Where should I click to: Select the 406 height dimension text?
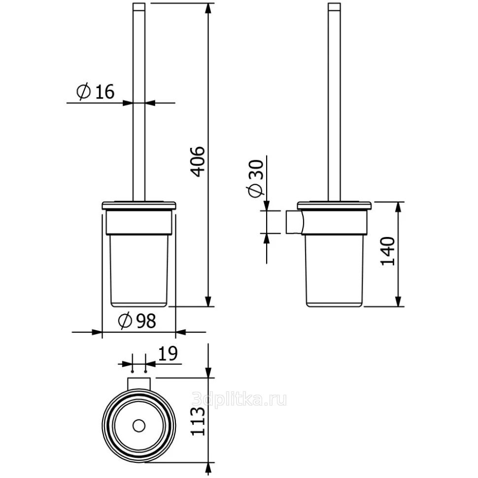(198, 162)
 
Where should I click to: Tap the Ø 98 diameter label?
(137, 320)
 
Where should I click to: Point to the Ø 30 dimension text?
(255, 179)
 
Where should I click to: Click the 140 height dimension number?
(388, 251)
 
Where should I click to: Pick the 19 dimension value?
(168, 353)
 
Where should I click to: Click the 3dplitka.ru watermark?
(239, 399)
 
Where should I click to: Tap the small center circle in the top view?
(138, 426)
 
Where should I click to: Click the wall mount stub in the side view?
(295, 222)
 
